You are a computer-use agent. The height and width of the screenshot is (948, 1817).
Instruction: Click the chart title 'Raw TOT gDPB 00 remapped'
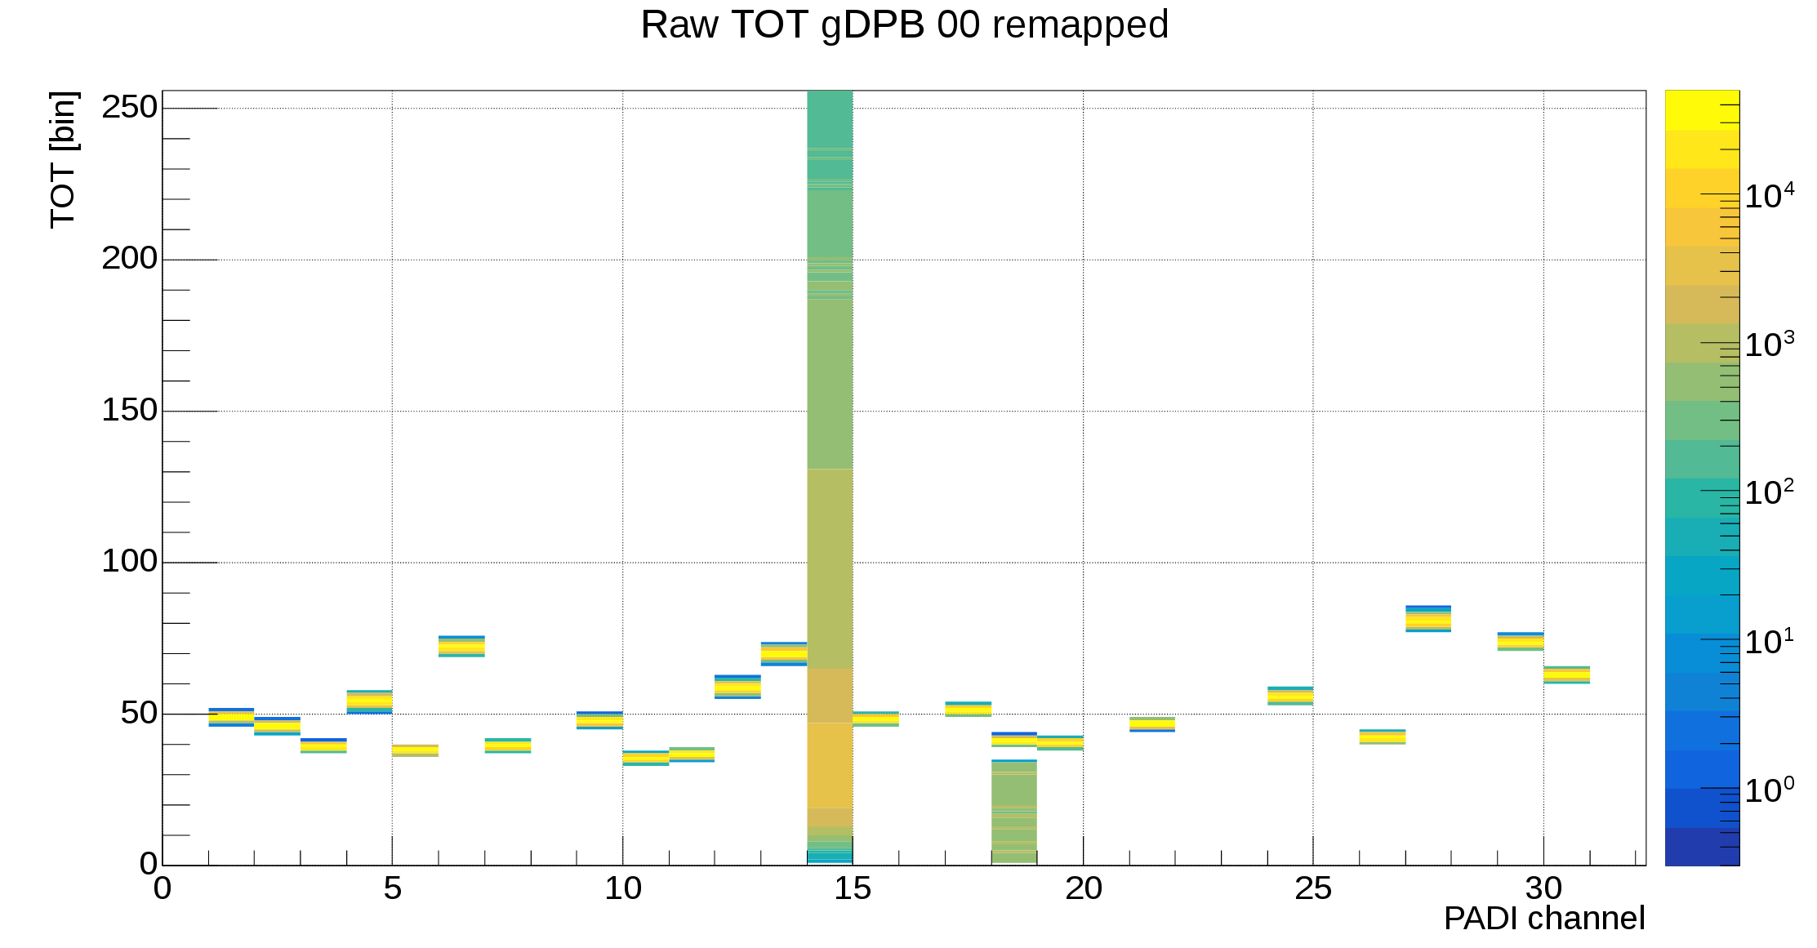tap(904, 24)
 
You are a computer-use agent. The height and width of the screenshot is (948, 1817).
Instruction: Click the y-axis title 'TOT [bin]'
tap(64, 160)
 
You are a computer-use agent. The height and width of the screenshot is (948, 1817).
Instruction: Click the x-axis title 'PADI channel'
tap(1543, 919)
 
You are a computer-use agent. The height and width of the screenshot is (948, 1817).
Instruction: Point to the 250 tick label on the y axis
tap(129, 107)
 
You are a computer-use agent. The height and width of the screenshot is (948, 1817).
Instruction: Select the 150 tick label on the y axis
tap(129, 410)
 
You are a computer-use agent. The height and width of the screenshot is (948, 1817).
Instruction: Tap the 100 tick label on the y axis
tap(129, 562)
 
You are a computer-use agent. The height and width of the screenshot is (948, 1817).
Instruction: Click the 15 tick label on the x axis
tap(853, 888)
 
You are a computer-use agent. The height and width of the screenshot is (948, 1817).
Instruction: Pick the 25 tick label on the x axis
tap(1312, 888)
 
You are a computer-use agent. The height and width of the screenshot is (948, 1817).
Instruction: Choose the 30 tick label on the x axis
tap(1543, 888)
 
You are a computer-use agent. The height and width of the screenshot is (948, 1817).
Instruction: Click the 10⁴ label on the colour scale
tap(1769, 196)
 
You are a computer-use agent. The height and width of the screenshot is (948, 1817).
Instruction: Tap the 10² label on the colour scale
tap(1769, 492)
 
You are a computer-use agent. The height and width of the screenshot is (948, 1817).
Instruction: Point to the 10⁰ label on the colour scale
tap(1769, 790)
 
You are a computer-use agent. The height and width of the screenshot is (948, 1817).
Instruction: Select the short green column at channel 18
tap(1014, 812)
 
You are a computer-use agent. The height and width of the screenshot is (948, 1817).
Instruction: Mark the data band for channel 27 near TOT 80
tap(1428, 619)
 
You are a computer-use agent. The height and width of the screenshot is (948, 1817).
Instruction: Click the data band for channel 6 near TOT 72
tap(461, 646)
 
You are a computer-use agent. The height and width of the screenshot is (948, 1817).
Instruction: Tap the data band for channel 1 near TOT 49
tap(231, 717)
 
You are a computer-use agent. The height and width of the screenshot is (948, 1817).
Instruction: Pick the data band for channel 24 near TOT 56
tap(1290, 696)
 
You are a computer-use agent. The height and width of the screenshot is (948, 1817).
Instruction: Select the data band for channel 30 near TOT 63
tap(1566, 674)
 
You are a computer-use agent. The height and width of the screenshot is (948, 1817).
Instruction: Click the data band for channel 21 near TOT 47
tap(1152, 724)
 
